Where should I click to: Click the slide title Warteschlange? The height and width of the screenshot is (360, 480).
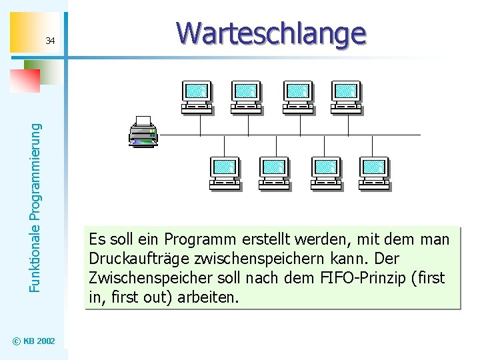pos(271,33)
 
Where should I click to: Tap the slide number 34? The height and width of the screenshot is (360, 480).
pos(50,41)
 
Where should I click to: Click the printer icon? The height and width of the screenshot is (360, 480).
pos(143,131)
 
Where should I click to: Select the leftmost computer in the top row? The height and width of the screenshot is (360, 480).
pos(197,97)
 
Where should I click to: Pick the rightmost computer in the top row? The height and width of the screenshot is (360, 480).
pos(346,97)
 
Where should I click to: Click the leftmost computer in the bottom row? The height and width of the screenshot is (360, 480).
pos(224,173)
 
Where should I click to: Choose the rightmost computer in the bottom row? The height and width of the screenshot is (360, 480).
pos(374,173)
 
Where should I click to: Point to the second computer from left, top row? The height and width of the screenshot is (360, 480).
pos(246,97)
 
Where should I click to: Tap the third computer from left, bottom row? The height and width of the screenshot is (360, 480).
pos(325,173)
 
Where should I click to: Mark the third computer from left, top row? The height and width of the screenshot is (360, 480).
pos(297,97)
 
